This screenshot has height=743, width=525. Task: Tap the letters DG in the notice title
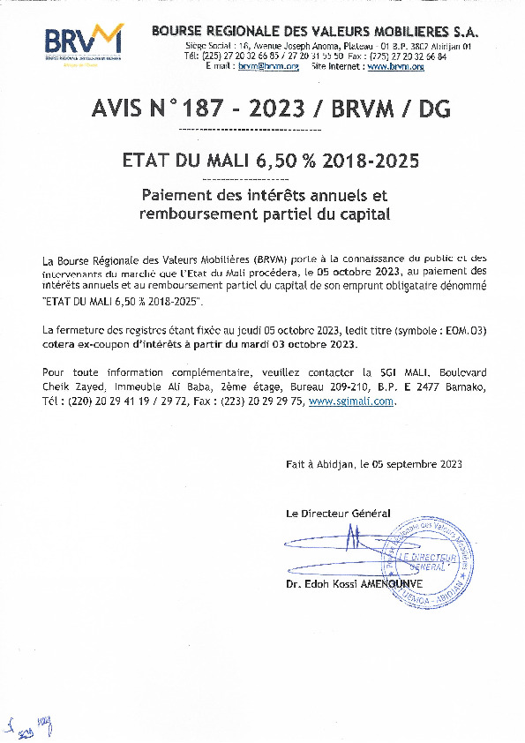pyautogui.click(x=431, y=109)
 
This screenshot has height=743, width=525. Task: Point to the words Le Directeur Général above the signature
pyautogui.click(x=338, y=514)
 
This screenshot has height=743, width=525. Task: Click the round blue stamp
pyautogui.click(x=427, y=562)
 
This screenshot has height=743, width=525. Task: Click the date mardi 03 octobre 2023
pyautogui.click(x=304, y=344)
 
